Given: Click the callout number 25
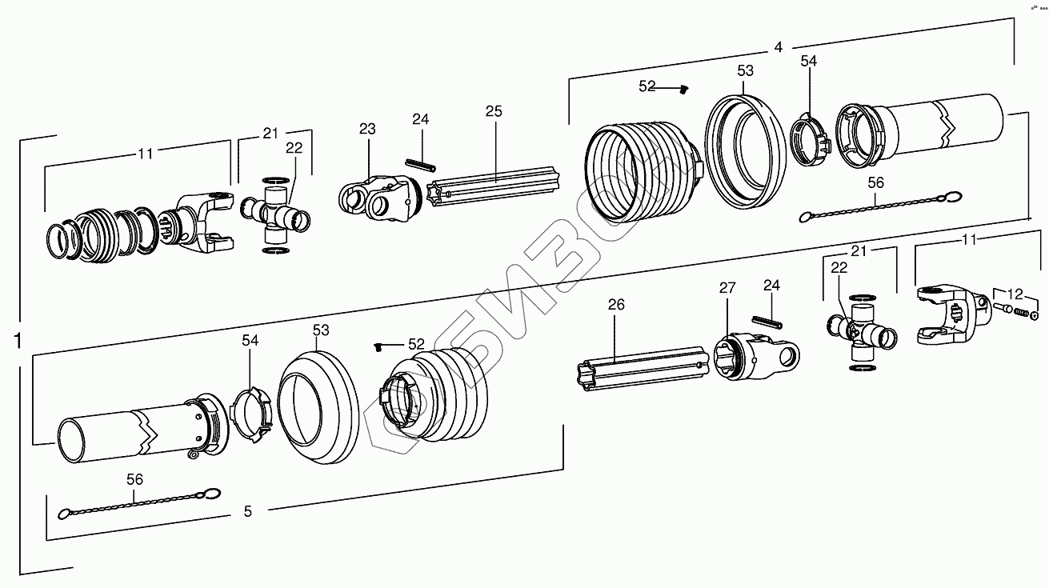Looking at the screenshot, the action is pos(494,111).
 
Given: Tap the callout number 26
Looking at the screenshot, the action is pos(616,304).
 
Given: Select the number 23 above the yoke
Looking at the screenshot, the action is pos(367,129).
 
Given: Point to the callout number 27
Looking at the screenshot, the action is pos(726,288).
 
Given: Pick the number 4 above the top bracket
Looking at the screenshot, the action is pos(778,47).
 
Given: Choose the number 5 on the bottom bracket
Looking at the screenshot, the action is pos(247,510).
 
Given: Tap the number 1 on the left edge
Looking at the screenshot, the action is pos(17,342).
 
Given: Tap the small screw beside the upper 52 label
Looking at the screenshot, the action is pos(684,90).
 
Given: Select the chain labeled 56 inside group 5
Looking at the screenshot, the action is pos(136,504).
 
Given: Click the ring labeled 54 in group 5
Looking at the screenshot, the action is pos(251,410).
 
